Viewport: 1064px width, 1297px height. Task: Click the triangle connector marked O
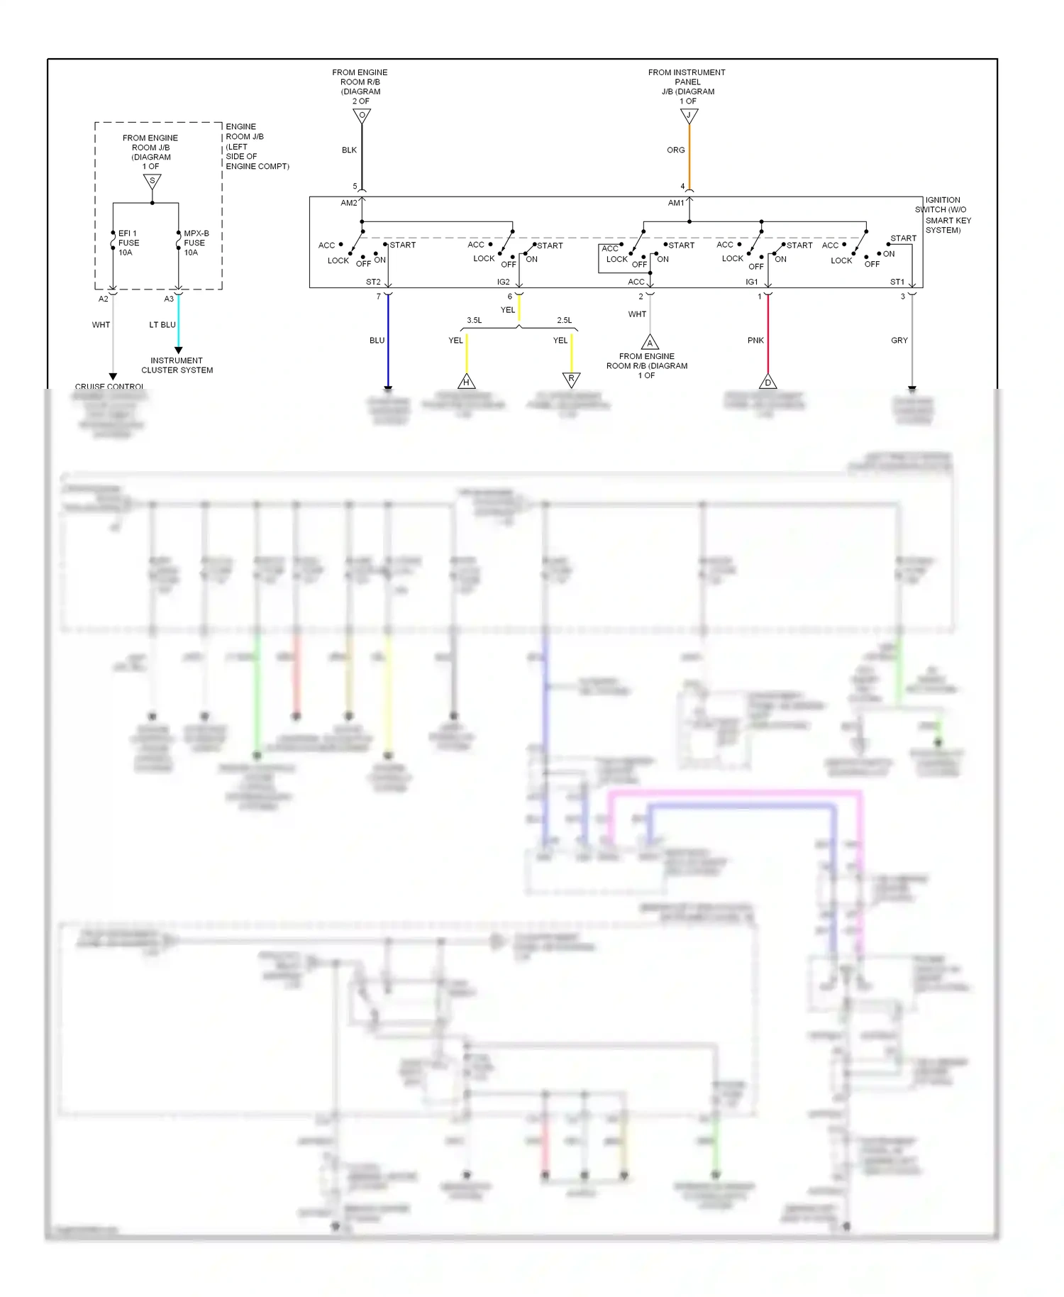tap(362, 116)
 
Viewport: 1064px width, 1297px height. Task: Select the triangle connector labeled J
tap(689, 116)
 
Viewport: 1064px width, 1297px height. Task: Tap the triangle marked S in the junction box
tap(152, 182)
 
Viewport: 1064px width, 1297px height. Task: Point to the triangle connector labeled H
tap(466, 382)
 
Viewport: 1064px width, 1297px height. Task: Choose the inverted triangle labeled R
tap(571, 380)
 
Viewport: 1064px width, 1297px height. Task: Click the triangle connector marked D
tap(767, 382)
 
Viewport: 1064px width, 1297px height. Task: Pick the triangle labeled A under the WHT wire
tap(650, 343)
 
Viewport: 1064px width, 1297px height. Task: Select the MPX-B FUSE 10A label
tap(196, 243)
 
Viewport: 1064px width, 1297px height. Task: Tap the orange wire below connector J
tap(689, 156)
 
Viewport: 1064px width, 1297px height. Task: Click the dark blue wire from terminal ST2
tap(388, 341)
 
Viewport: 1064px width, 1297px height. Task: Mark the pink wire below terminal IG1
tap(767, 333)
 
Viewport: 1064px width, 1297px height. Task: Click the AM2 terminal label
tap(349, 203)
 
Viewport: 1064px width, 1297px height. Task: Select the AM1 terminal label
tap(676, 203)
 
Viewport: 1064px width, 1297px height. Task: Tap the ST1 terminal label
tap(897, 282)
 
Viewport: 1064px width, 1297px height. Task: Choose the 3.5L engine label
tap(474, 320)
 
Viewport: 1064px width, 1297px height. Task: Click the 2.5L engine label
tap(564, 320)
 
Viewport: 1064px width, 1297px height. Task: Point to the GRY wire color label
tap(899, 341)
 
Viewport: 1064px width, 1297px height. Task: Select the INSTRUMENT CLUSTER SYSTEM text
tap(177, 365)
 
